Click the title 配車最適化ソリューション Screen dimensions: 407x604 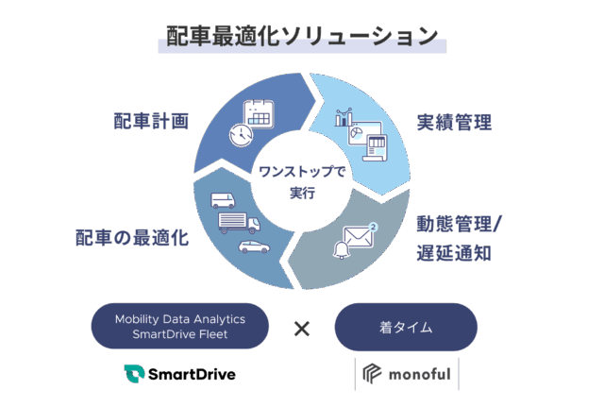302,38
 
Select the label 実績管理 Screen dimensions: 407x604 455,124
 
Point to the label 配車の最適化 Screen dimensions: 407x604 132,237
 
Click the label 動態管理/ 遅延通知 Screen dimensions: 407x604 460,239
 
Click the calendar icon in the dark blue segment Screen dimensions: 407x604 258,115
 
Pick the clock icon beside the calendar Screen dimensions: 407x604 241,134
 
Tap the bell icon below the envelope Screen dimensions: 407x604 342,249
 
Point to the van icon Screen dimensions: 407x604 223,200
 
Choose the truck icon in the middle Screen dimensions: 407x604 238,222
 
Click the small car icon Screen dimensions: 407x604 253,246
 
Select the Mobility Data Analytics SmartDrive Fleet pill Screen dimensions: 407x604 180,326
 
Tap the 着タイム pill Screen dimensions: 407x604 406,327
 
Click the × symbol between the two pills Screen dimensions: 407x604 301,329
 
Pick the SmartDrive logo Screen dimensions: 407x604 179,373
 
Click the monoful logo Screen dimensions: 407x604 406,374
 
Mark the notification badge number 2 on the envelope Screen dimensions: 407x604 374,227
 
